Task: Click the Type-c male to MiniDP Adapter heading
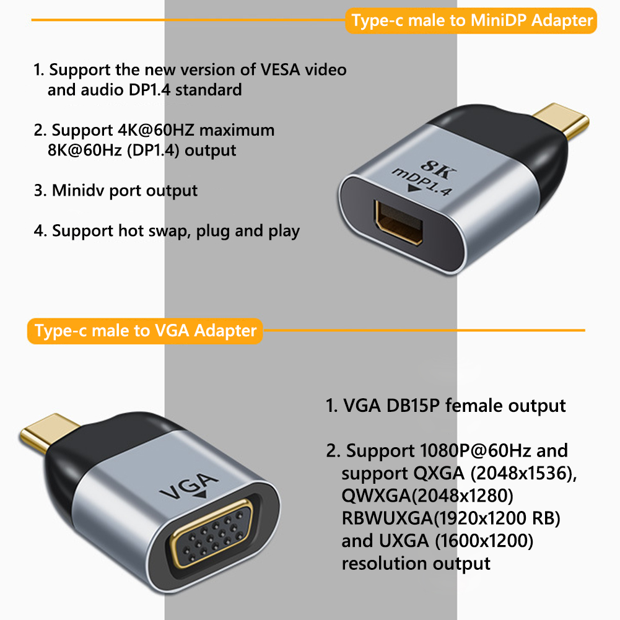point(472,20)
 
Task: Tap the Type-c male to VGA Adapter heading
point(146,331)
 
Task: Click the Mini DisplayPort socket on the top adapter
point(399,222)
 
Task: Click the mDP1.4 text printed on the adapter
point(422,182)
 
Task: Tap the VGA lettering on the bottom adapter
point(189,486)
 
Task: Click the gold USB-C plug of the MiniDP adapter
point(561,120)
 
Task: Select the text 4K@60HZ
point(156,130)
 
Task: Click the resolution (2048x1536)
point(523,473)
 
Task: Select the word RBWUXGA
point(388,518)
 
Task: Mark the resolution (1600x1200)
point(484,541)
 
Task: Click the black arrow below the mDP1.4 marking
point(415,188)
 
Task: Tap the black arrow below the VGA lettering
point(201,495)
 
